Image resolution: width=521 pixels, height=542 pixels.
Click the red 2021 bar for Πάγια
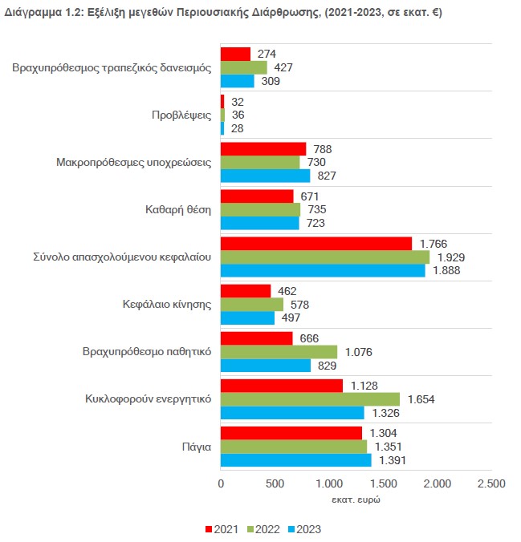[291, 432]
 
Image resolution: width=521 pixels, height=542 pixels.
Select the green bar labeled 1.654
[310, 398]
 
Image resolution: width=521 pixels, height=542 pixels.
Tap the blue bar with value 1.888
[323, 270]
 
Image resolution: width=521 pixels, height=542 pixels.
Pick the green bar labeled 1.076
[279, 351]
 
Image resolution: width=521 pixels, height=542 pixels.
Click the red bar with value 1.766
[316, 242]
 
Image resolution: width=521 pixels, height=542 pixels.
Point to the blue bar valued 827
[265, 176]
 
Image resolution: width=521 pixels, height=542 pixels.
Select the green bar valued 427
[244, 67]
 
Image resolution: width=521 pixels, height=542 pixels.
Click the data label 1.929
[451, 257]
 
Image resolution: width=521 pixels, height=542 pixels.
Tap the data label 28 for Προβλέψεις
[237, 128]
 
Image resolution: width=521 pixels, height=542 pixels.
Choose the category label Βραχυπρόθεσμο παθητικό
[147, 351]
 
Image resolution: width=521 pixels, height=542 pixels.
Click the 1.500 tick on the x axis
[383, 483]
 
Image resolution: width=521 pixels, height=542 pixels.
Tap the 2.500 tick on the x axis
[491, 483]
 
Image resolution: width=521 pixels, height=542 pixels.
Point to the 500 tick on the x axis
[275, 483]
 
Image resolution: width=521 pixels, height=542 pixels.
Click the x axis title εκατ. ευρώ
[356, 500]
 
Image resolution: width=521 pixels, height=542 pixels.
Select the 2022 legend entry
[263, 529]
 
